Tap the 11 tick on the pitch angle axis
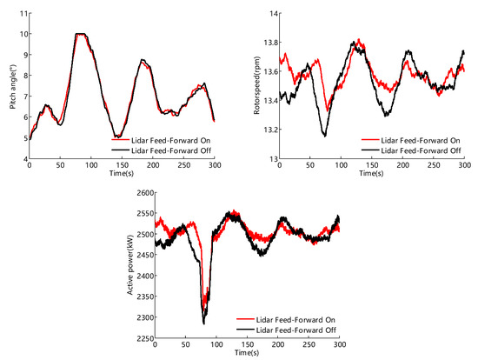(x=22, y=13)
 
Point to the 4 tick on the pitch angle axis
(x=24, y=158)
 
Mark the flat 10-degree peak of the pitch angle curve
(x=80, y=35)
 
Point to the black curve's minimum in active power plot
(x=204, y=323)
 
